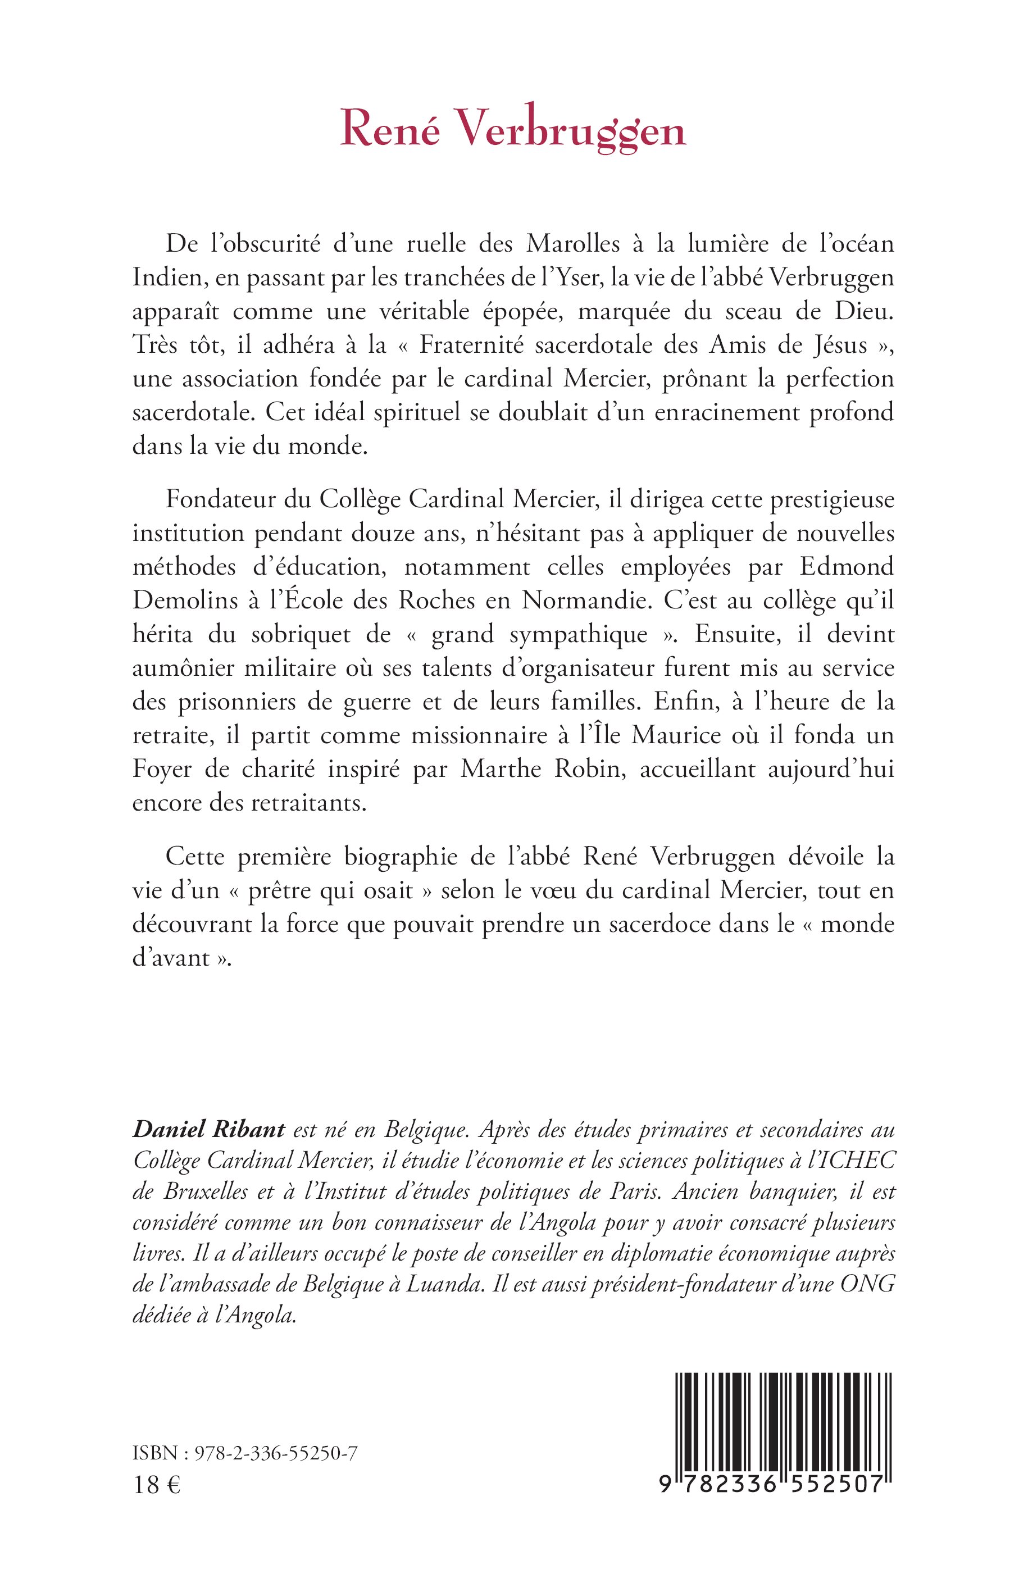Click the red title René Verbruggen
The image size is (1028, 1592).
coord(513,130)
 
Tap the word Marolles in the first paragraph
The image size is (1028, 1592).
coord(573,244)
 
